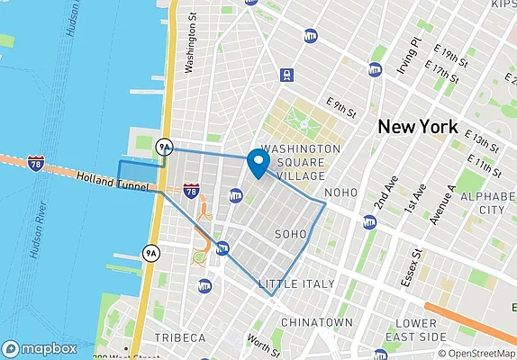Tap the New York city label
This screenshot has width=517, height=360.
[418, 126]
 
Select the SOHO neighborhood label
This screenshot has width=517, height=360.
[290, 234]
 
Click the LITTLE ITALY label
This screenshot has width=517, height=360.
[296, 284]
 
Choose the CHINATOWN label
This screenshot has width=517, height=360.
[316, 321]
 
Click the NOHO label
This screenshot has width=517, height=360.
[340, 193]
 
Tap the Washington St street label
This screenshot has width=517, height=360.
[190, 44]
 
